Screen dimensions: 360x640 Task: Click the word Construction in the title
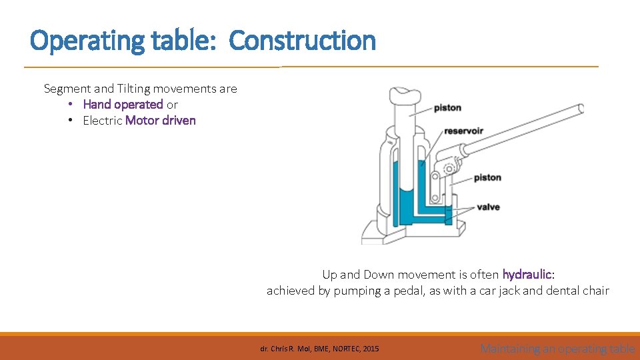302,41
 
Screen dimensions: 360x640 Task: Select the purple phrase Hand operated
123,105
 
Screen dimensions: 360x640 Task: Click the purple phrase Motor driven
161,121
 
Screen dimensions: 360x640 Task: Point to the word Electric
102,121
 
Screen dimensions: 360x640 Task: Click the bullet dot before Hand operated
70,105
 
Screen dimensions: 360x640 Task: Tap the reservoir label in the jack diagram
463,131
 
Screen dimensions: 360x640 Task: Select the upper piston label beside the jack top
447,107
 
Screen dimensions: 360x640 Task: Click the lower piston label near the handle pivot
487,178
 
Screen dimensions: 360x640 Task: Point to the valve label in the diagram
488,207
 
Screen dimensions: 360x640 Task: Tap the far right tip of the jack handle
581,109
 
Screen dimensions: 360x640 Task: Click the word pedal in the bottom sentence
409,291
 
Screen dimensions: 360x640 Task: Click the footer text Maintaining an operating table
557,348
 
